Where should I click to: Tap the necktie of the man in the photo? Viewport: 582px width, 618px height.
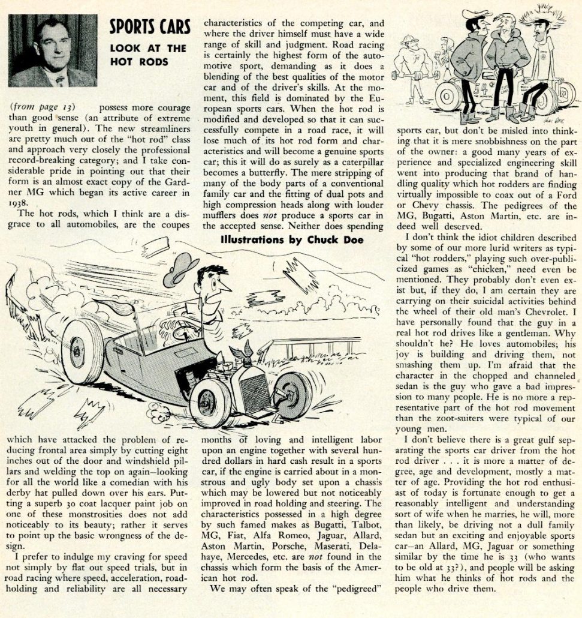point(58,80)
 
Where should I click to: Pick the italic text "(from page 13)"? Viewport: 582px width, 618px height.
point(42,107)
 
